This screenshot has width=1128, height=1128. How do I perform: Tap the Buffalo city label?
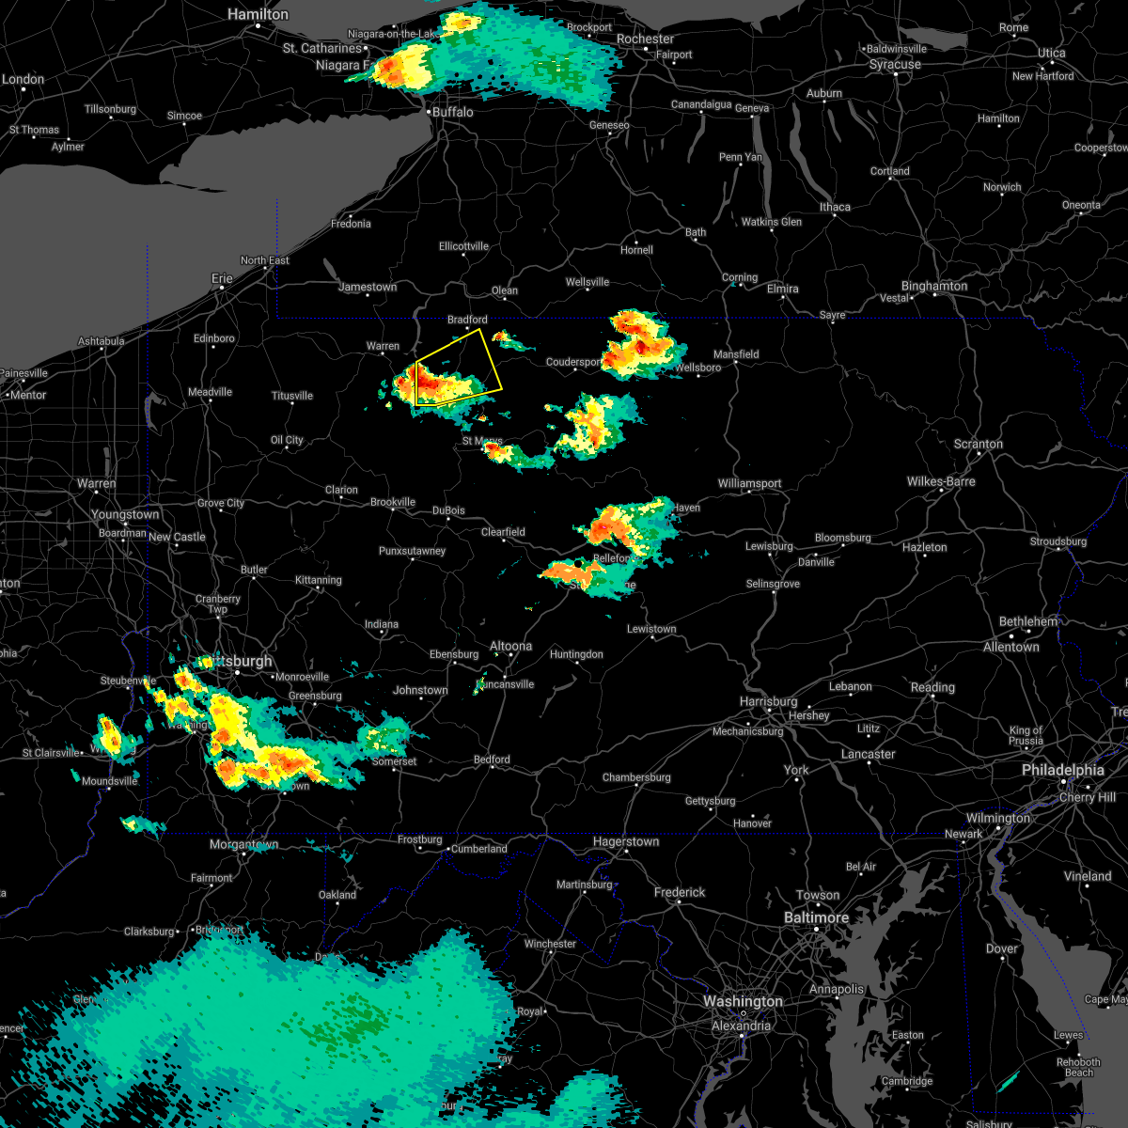[452, 112]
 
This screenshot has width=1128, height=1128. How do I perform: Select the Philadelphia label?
[1062, 770]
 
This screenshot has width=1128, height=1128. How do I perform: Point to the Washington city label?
[743, 1002]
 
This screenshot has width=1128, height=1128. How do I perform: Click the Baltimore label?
[816, 917]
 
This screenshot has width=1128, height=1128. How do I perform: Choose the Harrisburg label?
[768, 702]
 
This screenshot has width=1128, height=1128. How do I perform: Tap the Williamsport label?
[749, 483]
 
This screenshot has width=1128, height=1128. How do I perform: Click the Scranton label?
[978, 444]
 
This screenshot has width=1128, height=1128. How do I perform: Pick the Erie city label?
[222, 278]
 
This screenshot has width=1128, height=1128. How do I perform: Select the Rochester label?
[645, 39]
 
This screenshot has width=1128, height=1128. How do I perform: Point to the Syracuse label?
[894, 65]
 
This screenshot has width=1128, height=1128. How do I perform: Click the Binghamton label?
[933, 286]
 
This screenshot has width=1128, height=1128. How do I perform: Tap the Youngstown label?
[125, 515]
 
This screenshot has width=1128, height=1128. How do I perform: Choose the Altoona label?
[510, 646]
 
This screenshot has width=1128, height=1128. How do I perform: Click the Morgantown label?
[243, 845]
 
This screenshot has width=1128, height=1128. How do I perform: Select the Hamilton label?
[258, 15]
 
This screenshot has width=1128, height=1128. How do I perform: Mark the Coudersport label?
[573, 362]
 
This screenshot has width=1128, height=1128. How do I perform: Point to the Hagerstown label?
[625, 842]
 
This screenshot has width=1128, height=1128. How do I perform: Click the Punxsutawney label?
[412, 551]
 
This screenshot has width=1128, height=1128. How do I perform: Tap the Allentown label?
[1010, 647]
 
